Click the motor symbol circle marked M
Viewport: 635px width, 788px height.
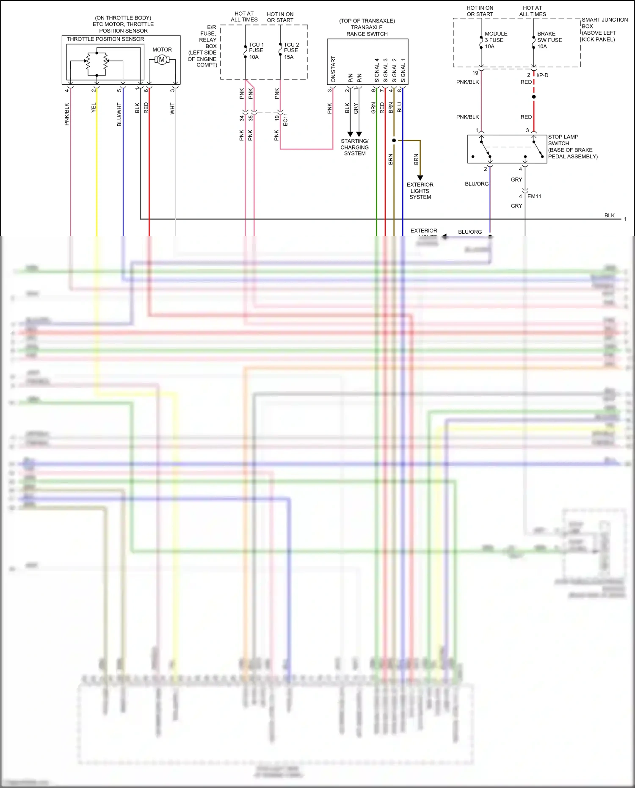162,60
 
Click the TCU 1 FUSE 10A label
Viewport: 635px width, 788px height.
256,51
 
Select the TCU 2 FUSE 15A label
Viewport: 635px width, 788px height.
291,51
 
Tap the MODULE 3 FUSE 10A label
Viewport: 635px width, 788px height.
495,40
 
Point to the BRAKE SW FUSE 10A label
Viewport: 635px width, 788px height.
549,40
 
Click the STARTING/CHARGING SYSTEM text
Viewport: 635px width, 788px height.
354,147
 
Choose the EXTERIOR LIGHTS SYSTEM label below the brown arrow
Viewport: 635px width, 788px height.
420,191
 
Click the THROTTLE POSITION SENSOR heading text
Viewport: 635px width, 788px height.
105,39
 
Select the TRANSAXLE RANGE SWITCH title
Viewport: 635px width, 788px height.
367,28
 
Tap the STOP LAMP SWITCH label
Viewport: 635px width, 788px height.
563,140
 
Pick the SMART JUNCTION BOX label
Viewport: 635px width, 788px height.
604,23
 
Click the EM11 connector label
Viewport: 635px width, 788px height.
534,196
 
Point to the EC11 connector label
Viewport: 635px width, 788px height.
285,119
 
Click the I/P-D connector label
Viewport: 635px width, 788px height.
542,75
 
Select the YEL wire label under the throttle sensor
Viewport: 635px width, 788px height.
94,108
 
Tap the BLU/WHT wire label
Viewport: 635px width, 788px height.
119,114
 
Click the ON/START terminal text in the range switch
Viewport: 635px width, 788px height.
333,69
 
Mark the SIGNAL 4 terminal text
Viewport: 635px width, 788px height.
377,70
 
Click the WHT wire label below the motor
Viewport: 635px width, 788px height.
172,108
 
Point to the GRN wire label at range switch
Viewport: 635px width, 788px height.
373,108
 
